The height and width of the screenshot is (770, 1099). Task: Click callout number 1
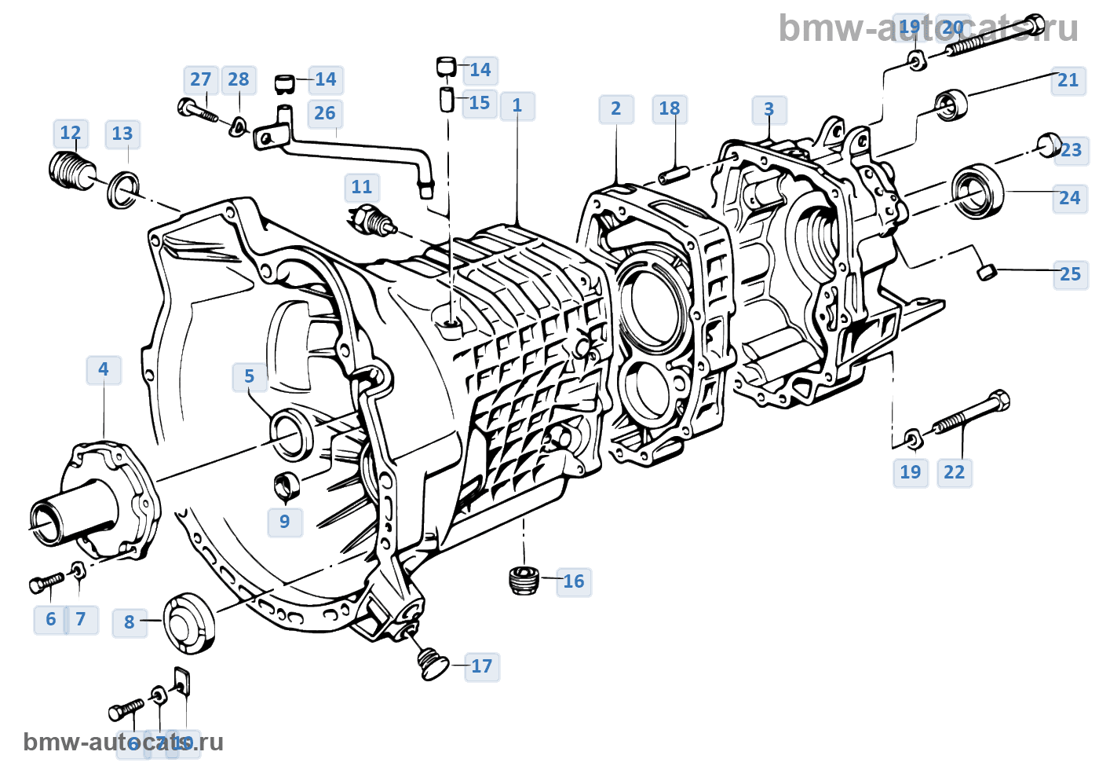517,106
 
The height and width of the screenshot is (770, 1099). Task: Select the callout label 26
324,114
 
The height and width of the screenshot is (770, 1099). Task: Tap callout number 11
361,188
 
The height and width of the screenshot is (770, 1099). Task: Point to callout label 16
573,581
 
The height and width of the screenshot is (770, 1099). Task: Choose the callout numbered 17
481,667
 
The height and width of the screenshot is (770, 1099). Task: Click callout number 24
1069,198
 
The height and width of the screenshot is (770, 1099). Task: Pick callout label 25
1070,274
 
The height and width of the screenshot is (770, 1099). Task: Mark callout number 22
954,472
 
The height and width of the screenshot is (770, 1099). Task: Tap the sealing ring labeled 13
122,190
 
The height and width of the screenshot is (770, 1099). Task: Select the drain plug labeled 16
522,580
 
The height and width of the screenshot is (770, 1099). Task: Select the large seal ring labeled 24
977,191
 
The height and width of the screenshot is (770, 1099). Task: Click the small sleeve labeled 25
987,272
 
